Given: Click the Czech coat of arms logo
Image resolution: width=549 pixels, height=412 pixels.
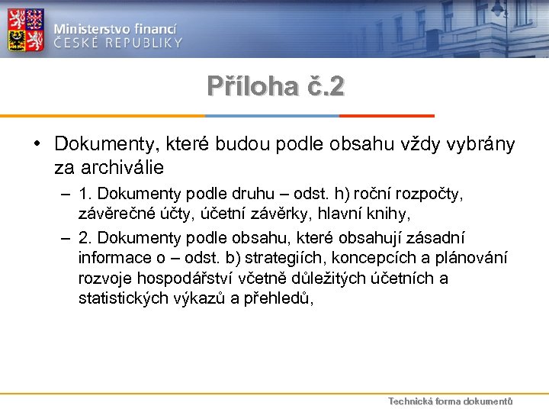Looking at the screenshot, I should (26, 29).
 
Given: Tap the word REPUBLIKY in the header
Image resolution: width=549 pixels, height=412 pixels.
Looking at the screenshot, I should (145, 43).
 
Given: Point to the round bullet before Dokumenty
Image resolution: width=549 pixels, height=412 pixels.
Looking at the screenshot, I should (37, 143).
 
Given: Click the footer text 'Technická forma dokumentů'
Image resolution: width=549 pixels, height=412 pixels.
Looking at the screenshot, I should (451, 401).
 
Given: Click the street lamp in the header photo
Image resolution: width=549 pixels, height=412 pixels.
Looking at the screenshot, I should (499, 9).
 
